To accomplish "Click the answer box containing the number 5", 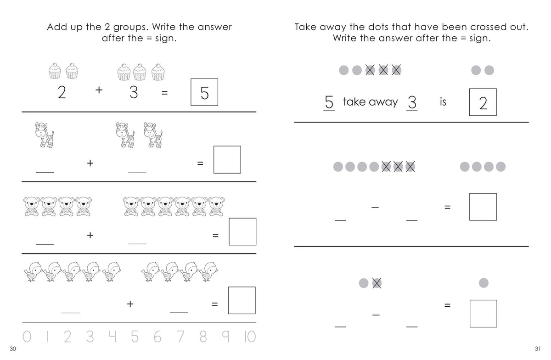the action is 204,92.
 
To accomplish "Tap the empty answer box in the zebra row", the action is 227,159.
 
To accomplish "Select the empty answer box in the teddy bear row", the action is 242,231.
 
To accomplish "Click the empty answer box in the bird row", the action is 242,300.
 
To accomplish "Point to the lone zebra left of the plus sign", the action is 44,135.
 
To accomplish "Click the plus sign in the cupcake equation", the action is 99,90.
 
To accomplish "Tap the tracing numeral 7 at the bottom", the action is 180,337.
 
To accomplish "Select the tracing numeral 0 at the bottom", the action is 27,337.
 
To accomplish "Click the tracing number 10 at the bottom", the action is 250,337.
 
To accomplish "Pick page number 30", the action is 13,349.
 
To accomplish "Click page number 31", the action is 538,349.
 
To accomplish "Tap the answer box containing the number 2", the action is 483,102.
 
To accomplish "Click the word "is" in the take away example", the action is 443,101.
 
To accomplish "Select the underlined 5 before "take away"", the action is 329,102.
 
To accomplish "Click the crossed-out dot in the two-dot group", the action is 377,283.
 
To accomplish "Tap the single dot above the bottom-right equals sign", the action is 484,283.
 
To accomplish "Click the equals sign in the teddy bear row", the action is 215,236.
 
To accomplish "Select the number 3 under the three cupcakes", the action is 134,92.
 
